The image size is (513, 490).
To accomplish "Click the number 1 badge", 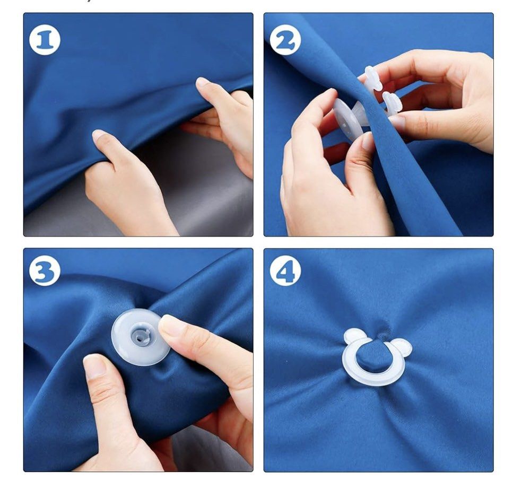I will pos(45,40).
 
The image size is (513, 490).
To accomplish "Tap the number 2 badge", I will pos(285,40).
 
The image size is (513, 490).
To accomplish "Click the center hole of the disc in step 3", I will pos(140,336).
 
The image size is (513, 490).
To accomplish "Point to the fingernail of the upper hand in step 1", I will pos(203,82).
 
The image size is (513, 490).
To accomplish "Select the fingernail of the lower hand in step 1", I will pos(100,135).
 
